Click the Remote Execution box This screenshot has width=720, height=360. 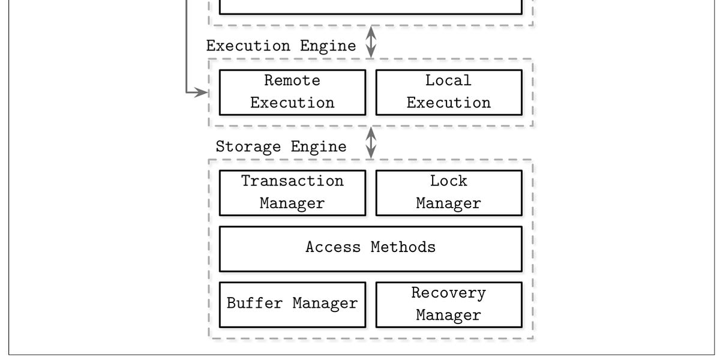292,92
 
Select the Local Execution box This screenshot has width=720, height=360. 448,92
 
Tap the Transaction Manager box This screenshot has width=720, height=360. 292,193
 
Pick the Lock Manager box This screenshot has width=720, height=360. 448,193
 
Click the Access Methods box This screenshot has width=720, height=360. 370,248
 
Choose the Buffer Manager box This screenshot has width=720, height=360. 292,304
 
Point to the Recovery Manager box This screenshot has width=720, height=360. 448,304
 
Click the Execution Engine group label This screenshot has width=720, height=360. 281,46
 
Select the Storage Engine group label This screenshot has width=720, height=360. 281,147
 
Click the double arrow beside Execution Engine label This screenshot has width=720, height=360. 371,42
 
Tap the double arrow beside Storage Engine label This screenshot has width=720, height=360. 371,143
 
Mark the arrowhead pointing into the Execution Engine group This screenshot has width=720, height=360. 202,92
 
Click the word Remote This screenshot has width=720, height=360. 292,80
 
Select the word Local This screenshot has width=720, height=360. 448,80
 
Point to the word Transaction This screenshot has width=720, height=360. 292,181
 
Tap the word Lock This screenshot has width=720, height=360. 448,181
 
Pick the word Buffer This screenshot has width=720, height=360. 255,304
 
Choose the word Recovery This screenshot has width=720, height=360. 448,293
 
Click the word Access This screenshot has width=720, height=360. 333,247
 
